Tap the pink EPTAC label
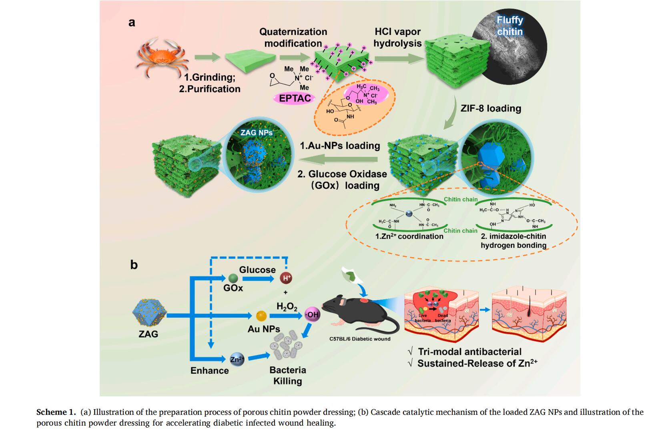click(x=295, y=98)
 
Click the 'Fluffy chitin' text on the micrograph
click(x=510, y=26)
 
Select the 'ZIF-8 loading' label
click(x=491, y=108)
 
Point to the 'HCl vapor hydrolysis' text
click(x=397, y=37)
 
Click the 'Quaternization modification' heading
click(x=293, y=37)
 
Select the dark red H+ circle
click(x=287, y=278)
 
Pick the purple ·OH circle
click(x=312, y=314)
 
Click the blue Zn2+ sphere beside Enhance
click(x=237, y=359)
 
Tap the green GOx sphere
click(x=233, y=278)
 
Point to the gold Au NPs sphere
click(x=261, y=316)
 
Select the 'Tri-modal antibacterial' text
click(x=469, y=352)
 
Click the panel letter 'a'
click(x=132, y=22)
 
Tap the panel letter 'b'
click(x=134, y=265)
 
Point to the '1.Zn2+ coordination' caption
click(x=409, y=236)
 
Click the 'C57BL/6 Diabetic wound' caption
click(x=360, y=339)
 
